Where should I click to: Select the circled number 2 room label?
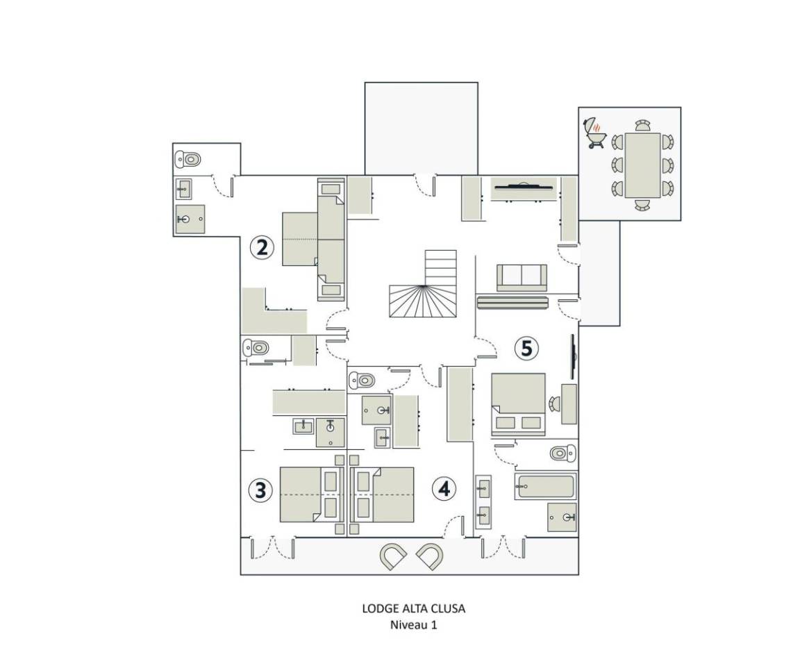262,247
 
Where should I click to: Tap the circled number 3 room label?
260,490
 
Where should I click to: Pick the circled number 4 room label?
444,489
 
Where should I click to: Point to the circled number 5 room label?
526,348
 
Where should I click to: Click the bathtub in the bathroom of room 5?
545,486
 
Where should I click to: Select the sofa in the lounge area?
522,278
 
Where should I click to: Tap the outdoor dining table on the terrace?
642,165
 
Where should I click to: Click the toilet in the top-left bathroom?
187,159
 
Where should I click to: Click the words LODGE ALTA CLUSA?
413,608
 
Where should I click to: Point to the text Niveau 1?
413,624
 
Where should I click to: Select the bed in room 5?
518,404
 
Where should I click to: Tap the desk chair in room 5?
555,404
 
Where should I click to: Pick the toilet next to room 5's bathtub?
563,452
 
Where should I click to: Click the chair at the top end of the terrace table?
642,126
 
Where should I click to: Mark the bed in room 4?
383,494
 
